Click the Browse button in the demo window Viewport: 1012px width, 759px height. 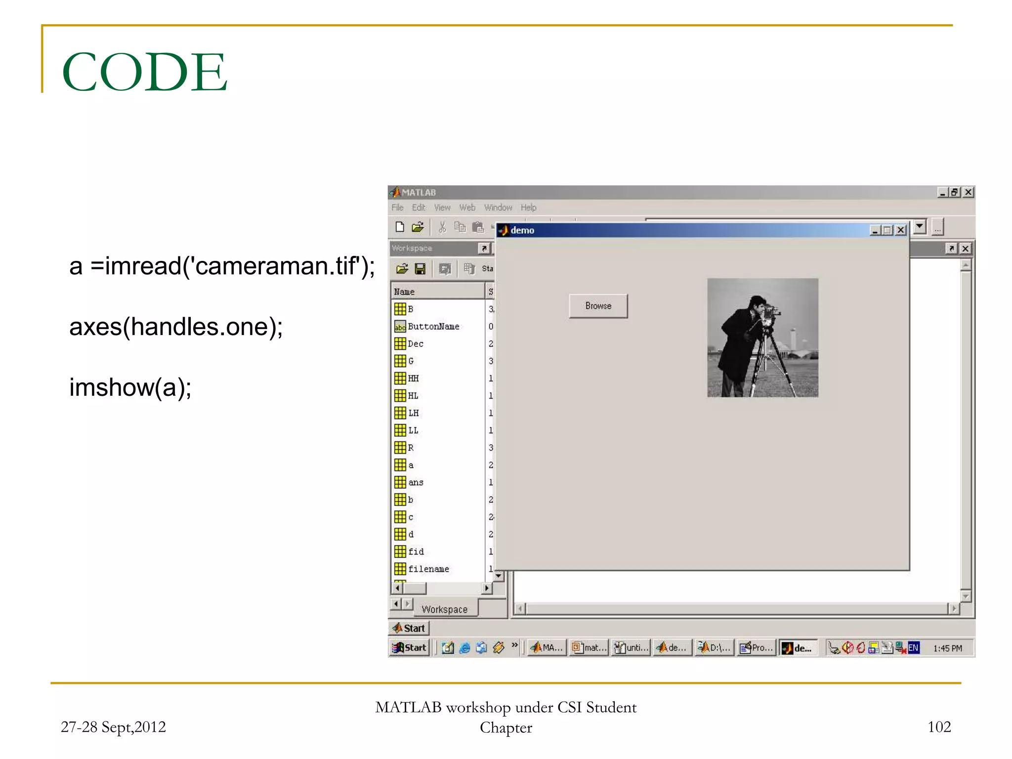598,306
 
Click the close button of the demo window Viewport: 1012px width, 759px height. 901,230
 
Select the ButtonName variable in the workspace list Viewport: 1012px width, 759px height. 433,327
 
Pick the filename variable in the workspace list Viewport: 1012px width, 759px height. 428,569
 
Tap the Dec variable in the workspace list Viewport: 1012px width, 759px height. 415,344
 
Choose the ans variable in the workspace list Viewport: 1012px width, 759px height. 415,482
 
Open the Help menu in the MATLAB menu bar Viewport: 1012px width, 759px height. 528,208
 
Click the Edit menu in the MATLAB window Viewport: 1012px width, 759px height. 418,208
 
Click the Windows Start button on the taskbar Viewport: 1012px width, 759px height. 409,648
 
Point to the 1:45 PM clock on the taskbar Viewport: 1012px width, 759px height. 947,648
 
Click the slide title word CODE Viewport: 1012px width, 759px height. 144,72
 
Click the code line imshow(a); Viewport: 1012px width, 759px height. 130,387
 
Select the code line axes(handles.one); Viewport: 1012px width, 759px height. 176,327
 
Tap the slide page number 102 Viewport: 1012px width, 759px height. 939,726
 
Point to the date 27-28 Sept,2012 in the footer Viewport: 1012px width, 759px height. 113,727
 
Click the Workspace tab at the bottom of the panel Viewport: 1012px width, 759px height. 444,609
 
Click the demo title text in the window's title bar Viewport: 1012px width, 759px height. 522,230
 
